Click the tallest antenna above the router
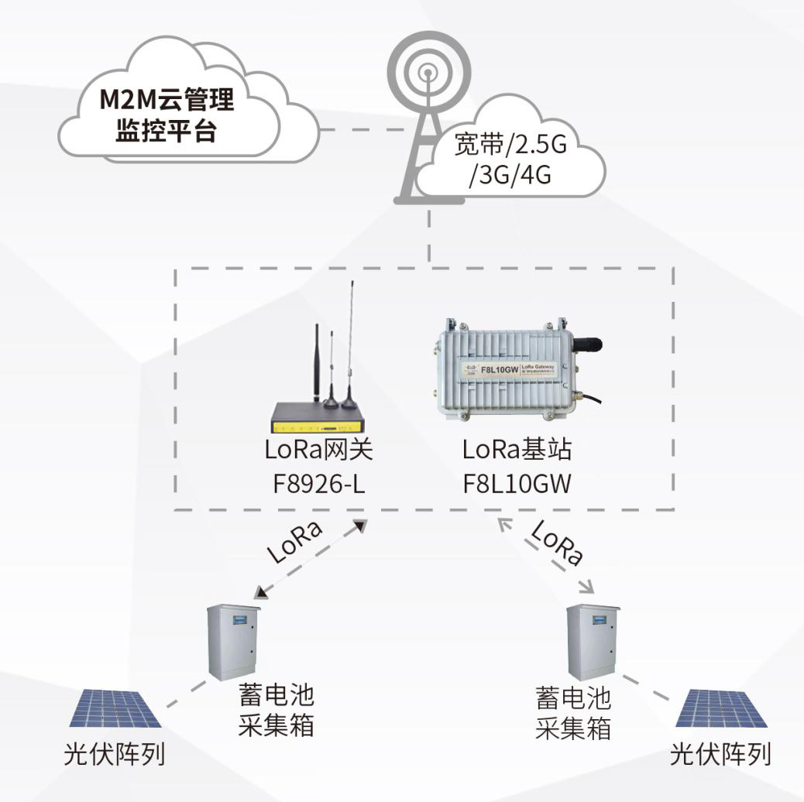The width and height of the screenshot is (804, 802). pyautogui.click(x=351, y=333)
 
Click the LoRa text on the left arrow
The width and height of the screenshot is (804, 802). pyautogui.click(x=294, y=542)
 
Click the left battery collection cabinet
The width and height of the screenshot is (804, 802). pyautogui.click(x=233, y=642)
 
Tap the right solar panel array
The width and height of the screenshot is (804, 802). pyautogui.click(x=721, y=708)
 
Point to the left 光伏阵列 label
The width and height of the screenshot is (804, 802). pyautogui.click(x=115, y=755)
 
